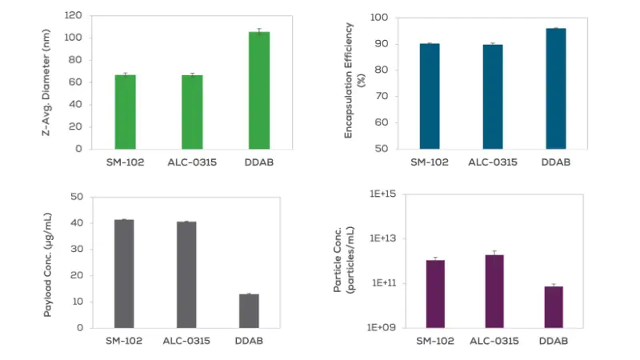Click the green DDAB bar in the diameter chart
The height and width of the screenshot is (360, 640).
258,90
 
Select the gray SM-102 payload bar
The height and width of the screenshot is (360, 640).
124,274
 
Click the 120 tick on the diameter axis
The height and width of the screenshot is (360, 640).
73,15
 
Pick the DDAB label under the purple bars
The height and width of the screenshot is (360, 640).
554,342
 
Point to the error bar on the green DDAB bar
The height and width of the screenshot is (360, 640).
258,31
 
